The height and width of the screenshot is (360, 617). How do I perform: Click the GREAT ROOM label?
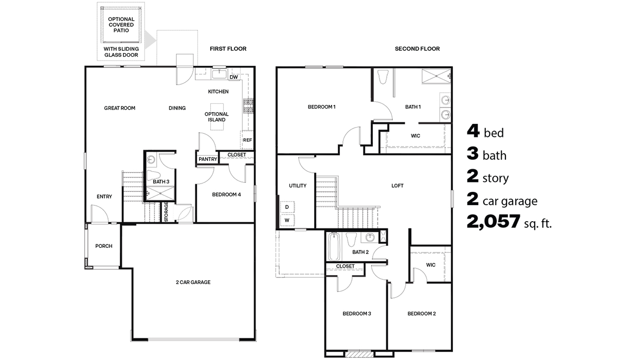pos(119,108)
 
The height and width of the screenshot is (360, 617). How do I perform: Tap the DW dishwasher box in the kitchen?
pos(234,78)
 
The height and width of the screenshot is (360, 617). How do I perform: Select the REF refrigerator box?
pos(247,139)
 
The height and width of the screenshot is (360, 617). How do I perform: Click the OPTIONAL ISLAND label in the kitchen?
pos(216,117)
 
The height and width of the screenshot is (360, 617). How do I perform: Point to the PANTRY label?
pos(208,159)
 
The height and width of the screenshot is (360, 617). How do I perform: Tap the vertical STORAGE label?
pos(166,212)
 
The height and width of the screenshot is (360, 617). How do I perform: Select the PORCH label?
pos(104,246)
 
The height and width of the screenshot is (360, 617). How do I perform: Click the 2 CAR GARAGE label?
pos(193,282)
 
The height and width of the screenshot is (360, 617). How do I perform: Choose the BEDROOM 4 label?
pos(226,194)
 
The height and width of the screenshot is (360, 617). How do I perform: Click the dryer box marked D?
pos(287,207)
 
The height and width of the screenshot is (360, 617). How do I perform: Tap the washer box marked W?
pos(287,220)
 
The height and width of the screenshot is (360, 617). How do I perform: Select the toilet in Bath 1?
pos(382,77)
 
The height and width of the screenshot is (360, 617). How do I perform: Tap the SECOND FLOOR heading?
pos(417,49)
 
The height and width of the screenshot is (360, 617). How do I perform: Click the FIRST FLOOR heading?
pos(228,49)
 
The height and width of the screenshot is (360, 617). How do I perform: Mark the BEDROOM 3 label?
pos(357,314)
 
